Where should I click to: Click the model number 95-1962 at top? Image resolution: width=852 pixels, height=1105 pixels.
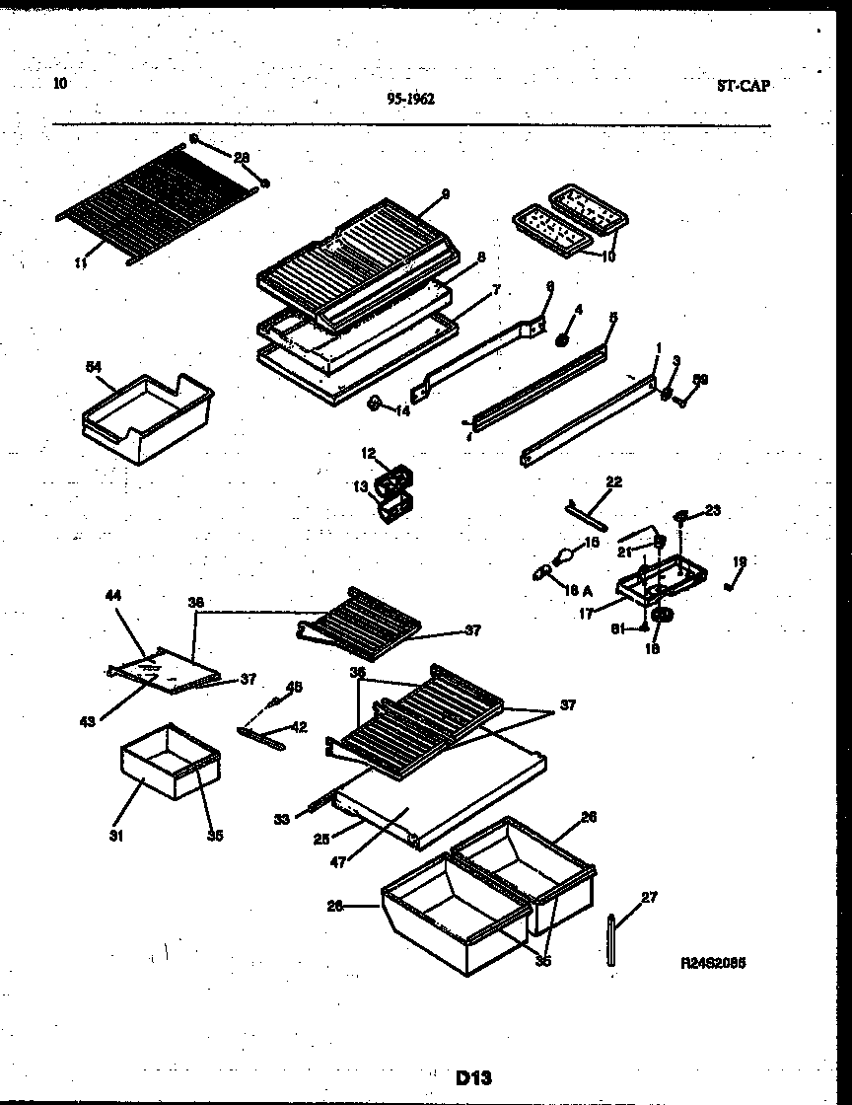(411, 99)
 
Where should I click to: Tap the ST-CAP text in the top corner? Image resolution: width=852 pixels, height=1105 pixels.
(744, 86)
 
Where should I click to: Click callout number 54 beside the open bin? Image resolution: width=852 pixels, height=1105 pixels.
(94, 367)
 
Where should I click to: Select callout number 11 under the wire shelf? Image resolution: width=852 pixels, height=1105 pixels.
(81, 263)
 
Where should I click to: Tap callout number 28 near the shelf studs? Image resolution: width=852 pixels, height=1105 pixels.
(242, 157)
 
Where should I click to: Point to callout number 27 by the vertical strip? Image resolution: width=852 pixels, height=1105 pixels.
(648, 897)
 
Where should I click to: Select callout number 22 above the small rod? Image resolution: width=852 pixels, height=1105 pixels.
(613, 481)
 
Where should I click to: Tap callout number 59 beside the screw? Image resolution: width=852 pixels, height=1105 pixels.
(700, 378)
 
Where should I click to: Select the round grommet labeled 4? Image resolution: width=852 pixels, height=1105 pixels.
(562, 340)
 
